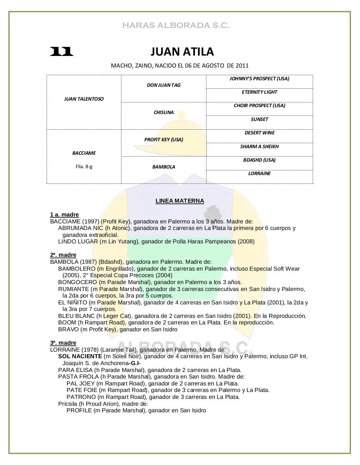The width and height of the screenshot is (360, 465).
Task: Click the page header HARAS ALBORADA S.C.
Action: pos(176,25)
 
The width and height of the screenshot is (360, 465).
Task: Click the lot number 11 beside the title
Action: pos(61,52)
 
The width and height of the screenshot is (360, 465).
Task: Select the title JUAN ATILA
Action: pos(182,52)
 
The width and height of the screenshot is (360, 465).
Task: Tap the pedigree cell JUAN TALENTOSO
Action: pos(84,99)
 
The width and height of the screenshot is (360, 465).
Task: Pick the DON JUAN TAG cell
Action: pos(163,85)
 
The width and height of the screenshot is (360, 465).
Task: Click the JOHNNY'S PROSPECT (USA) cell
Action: pos(259,78)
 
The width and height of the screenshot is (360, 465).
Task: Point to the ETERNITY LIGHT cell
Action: pos(259,92)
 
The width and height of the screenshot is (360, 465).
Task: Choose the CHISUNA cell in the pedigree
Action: pos(163,112)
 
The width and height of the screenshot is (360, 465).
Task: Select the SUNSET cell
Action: pos(259,119)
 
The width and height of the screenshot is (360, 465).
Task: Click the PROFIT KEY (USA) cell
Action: pos(163,139)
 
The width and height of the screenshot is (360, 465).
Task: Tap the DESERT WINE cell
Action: pos(259,133)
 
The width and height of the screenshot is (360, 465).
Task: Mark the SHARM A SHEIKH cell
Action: pos(259,146)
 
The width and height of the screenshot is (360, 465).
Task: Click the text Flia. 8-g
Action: pos(84,167)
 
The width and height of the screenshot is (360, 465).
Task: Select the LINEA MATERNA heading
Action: pos(180,201)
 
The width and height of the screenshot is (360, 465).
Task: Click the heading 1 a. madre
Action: pos(64,215)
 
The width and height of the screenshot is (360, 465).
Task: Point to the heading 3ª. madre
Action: pos(63,343)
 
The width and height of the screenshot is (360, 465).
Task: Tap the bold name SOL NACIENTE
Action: pos(80,356)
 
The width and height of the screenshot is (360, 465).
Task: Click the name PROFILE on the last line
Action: pos(79,411)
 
